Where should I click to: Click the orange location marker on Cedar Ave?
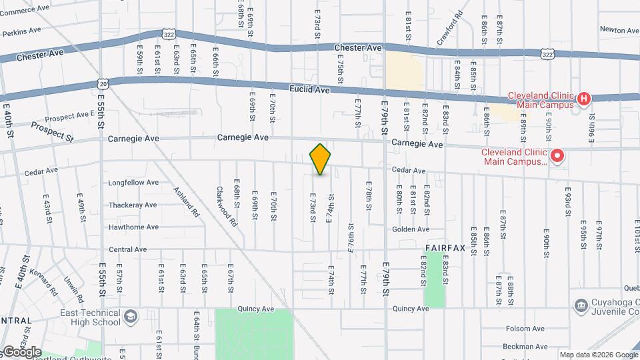tap(321, 159)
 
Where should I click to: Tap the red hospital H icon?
tap(583, 99)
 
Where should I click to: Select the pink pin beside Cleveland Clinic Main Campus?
tap(557, 157)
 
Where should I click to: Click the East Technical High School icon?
tap(131, 316)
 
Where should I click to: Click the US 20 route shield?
tap(102, 83)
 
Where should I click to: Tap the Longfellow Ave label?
tap(133, 183)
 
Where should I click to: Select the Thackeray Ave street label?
tap(133, 205)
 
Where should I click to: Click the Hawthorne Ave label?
tap(133, 227)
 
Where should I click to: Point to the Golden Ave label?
tap(411, 229)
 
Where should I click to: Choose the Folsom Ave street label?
tap(525, 329)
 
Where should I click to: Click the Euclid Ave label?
tap(310, 89)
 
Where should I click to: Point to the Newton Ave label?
tap(619, 30)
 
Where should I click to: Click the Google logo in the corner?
tap(21, 351)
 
